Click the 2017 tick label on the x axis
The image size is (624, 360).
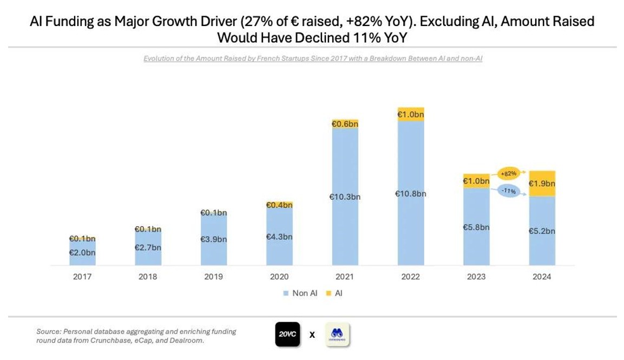82,277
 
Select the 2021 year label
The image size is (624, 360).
345,277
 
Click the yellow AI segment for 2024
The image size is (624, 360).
542,184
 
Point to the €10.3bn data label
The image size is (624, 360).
345,197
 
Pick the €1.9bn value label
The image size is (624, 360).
542,184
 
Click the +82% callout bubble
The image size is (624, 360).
508,174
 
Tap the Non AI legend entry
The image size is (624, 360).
300,293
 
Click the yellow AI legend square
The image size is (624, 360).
328,293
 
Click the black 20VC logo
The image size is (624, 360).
287,335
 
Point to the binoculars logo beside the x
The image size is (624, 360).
337,335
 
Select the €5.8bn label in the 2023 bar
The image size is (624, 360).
476,227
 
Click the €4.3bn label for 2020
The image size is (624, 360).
279,237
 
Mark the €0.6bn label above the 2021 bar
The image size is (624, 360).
345,124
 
